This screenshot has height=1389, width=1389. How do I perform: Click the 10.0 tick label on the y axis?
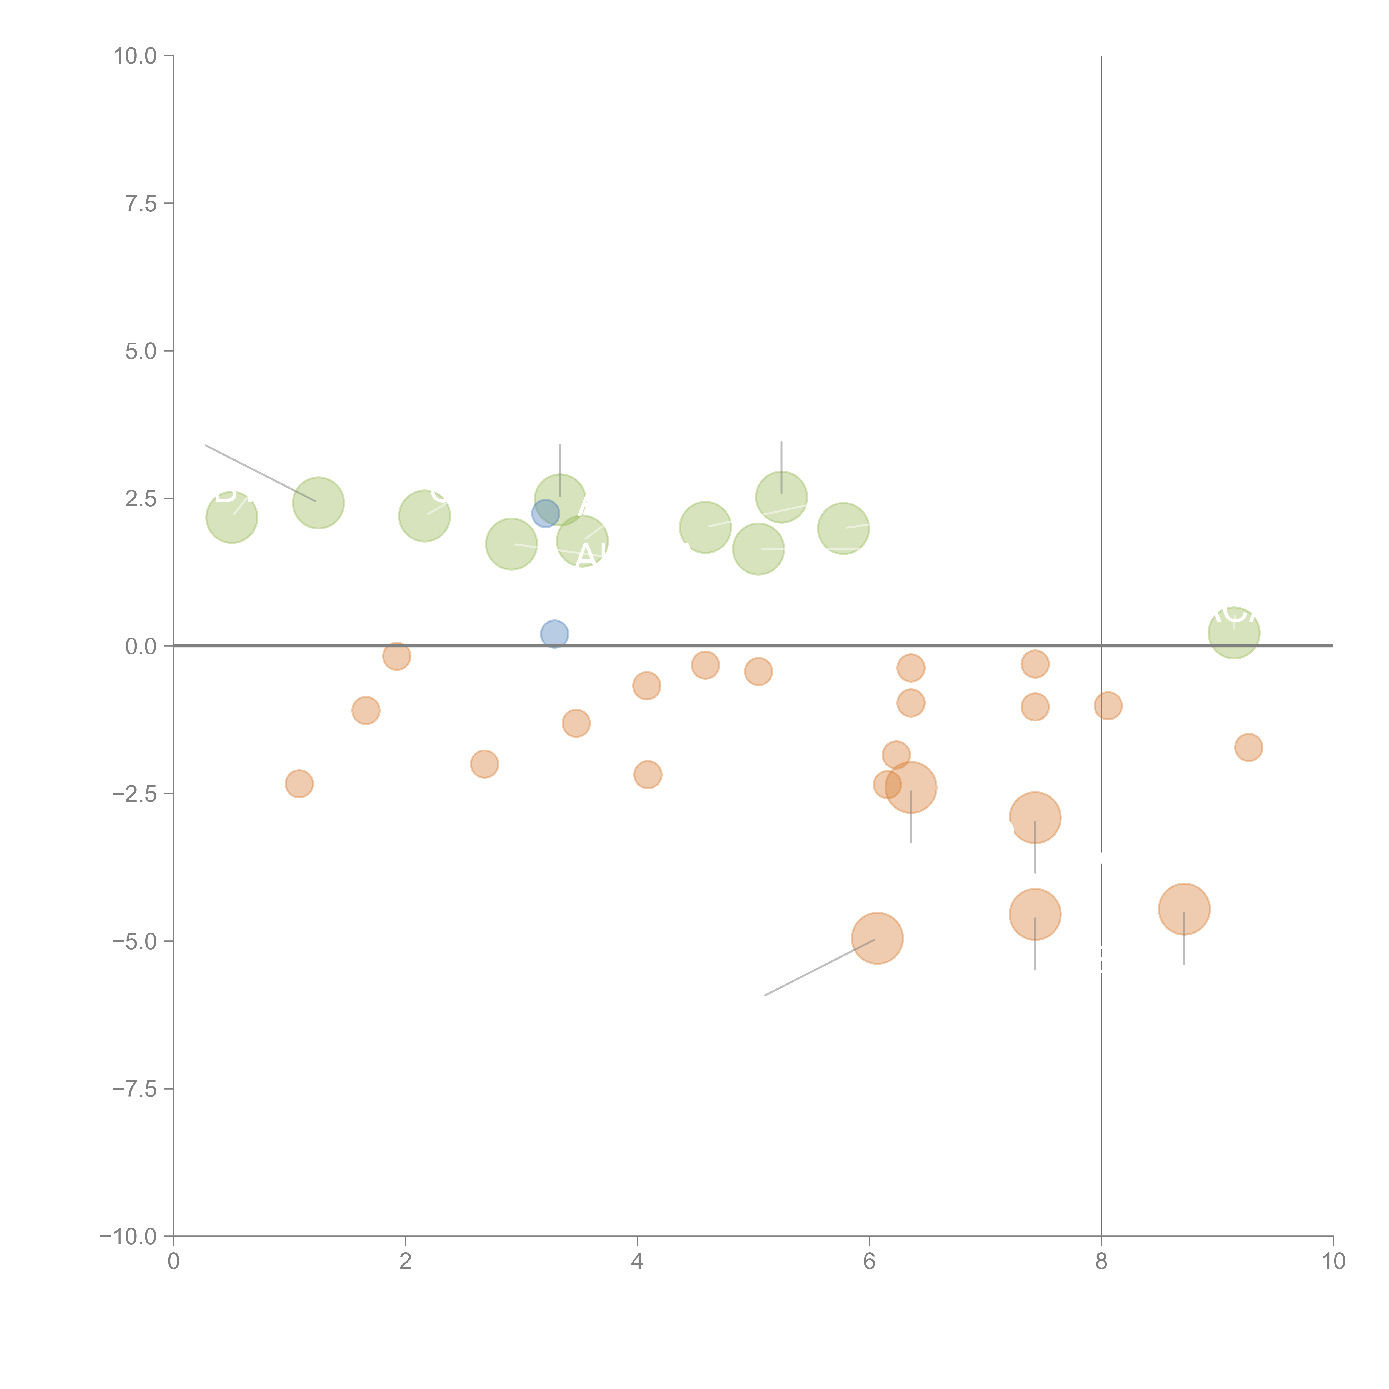135,56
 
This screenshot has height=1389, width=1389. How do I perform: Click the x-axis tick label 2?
406,1262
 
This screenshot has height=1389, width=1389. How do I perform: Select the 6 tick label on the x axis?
869,1262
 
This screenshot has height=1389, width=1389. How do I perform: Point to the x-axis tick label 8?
1101,1262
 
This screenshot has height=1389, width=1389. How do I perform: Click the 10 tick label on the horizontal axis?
1333,1262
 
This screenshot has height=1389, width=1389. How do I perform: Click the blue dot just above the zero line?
554,634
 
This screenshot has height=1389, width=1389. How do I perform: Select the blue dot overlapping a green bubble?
545,514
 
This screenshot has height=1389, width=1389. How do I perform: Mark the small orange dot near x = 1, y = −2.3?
299,784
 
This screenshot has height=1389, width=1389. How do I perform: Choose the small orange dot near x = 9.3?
1249,748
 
